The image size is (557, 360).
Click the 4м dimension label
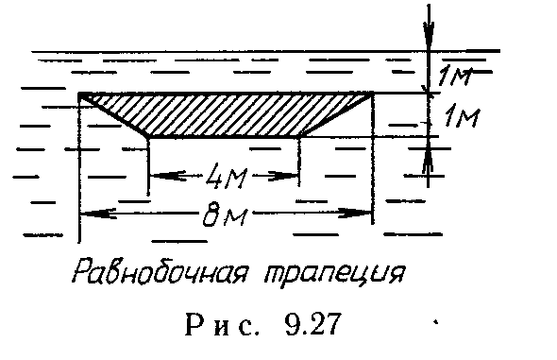224,175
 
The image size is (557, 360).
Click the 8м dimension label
226,218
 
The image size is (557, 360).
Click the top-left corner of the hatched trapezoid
80,94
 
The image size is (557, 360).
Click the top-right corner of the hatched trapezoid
374,93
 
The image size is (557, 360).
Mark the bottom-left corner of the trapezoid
148,136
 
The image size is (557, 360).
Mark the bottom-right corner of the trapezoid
299,136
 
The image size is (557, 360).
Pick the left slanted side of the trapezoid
114,115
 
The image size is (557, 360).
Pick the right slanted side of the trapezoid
336,115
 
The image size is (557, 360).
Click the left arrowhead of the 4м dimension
157,174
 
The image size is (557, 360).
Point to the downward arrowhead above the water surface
430,42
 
